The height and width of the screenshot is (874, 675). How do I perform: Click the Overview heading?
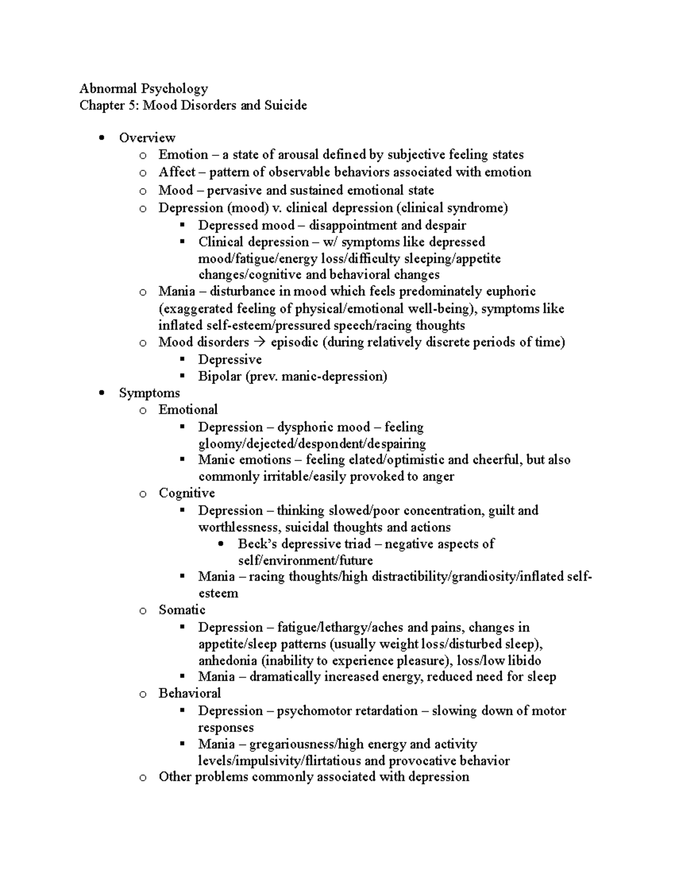(x=147, y=138)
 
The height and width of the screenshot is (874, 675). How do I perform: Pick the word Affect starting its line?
(x=177, y=172)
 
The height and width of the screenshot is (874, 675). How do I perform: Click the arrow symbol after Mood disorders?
(x=259, y=342)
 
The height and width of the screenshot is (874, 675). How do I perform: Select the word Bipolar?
(x=219, y=377)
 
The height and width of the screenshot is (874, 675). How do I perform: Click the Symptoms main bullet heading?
(x=149, y=393)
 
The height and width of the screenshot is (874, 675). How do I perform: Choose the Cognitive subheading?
(x=187, y=494)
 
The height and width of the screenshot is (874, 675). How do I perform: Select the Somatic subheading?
(x=182, y=610)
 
